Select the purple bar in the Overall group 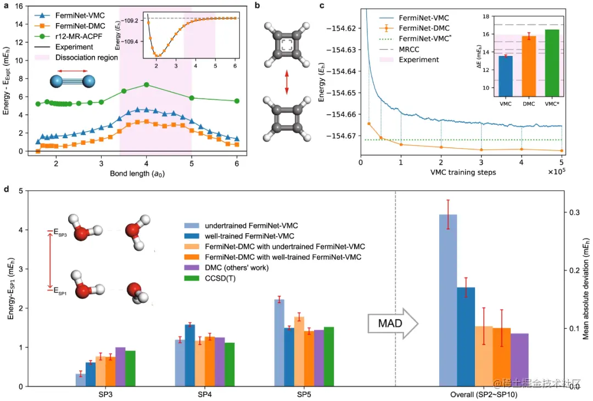(519, 359)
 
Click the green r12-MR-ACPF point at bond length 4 (147, 84)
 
